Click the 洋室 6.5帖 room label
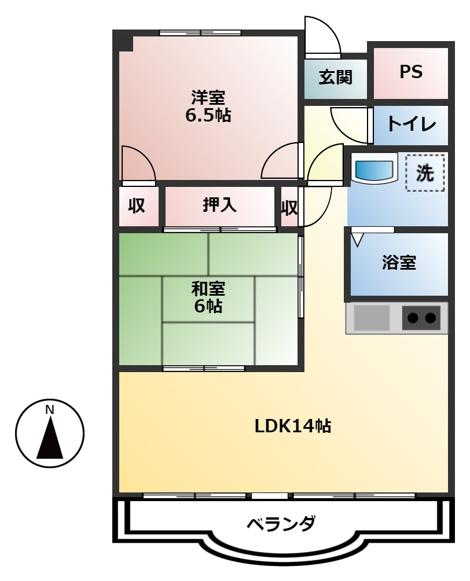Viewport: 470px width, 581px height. [208, 106]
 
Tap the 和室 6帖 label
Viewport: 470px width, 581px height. [208, 296]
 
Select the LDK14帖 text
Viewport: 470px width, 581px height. [293, 426]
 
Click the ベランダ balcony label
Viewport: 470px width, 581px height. [281, 524]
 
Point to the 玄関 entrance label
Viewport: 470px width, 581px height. [336, 76]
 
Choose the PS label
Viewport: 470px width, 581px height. [410, 72]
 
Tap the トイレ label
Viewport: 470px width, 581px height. [410, 124]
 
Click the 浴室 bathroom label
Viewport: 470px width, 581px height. [399, 263]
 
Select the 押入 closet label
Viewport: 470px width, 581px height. [219, 205]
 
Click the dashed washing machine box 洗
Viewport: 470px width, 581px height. [425, 173]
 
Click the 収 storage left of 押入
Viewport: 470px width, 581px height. [137, 206]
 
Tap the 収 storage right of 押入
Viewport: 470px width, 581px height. [289, 207]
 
